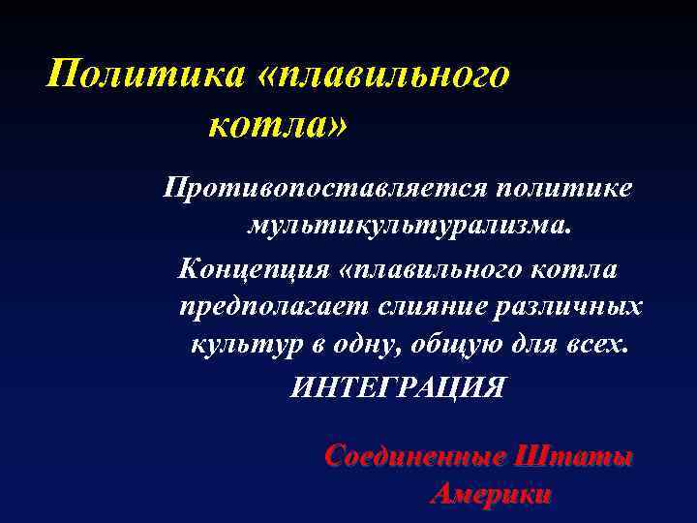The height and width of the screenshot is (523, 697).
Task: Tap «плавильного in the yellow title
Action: coord(383,75)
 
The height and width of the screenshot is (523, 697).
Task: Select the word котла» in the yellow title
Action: coord(278,123)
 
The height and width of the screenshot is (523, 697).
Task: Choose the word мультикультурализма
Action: coord(409,227)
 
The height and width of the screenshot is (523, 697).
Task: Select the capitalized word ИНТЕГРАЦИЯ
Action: coord(398,386)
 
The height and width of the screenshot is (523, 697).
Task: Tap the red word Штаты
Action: coord(575,455)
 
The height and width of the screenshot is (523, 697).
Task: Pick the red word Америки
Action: coord(491,494)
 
